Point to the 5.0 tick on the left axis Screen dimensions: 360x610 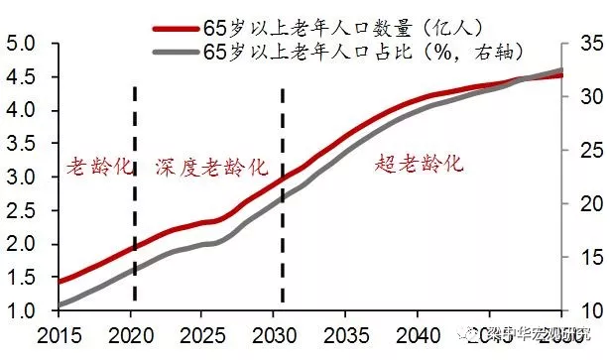[21, 44]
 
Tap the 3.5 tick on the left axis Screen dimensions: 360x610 [21, 144]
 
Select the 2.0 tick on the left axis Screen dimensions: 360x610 [21, 244]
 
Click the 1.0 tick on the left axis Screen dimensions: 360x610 [21, 311]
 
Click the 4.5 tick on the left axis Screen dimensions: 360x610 [21, 77]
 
